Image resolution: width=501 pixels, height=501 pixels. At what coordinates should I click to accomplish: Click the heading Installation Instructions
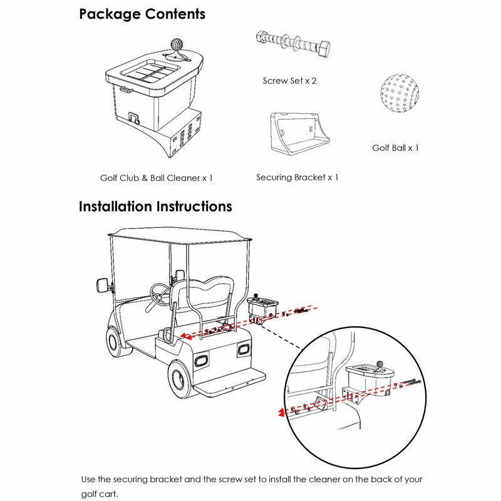coord(155,207)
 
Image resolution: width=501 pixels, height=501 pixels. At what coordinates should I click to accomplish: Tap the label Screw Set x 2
coord(290,81)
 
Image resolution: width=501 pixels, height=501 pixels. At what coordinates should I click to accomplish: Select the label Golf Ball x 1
coord(395,148)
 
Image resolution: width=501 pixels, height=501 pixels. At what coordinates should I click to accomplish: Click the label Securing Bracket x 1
coord(297,177)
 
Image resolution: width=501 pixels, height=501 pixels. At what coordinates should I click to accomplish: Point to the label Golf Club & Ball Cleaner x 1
coord(157,178)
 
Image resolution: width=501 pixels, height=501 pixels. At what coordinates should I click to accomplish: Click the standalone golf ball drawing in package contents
coord(399,95)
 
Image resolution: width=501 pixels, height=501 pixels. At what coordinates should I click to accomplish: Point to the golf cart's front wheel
coord(115,341)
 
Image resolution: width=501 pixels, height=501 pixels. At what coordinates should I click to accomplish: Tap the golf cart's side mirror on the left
coord(103,284)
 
